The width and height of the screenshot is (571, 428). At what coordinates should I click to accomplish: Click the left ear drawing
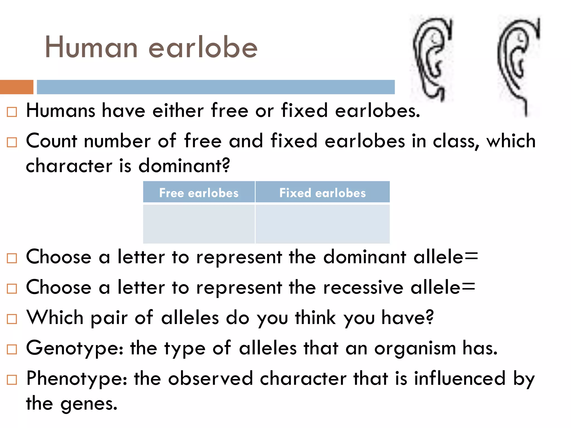tap(432, 59)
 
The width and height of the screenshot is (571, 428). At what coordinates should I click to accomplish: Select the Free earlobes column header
tap(199, 193)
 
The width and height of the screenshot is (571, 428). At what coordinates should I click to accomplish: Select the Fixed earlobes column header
tap(322, 193)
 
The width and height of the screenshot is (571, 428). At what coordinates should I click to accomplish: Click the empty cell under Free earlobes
tap(199, 224)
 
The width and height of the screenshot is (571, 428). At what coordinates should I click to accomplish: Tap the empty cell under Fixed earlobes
tap(322, 224)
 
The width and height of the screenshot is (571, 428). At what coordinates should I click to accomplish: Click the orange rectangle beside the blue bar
tap(17, 87)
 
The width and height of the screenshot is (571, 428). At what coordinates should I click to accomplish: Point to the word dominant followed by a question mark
tap(184, 166)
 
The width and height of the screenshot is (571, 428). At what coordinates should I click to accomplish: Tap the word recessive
tap(363, 288)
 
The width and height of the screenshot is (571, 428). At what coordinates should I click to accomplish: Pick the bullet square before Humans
tap(12, 112)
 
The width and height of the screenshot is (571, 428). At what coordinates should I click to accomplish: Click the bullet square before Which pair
tap(12, 319)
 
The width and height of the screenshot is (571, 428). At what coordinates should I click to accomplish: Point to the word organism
tap(415, 348)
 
